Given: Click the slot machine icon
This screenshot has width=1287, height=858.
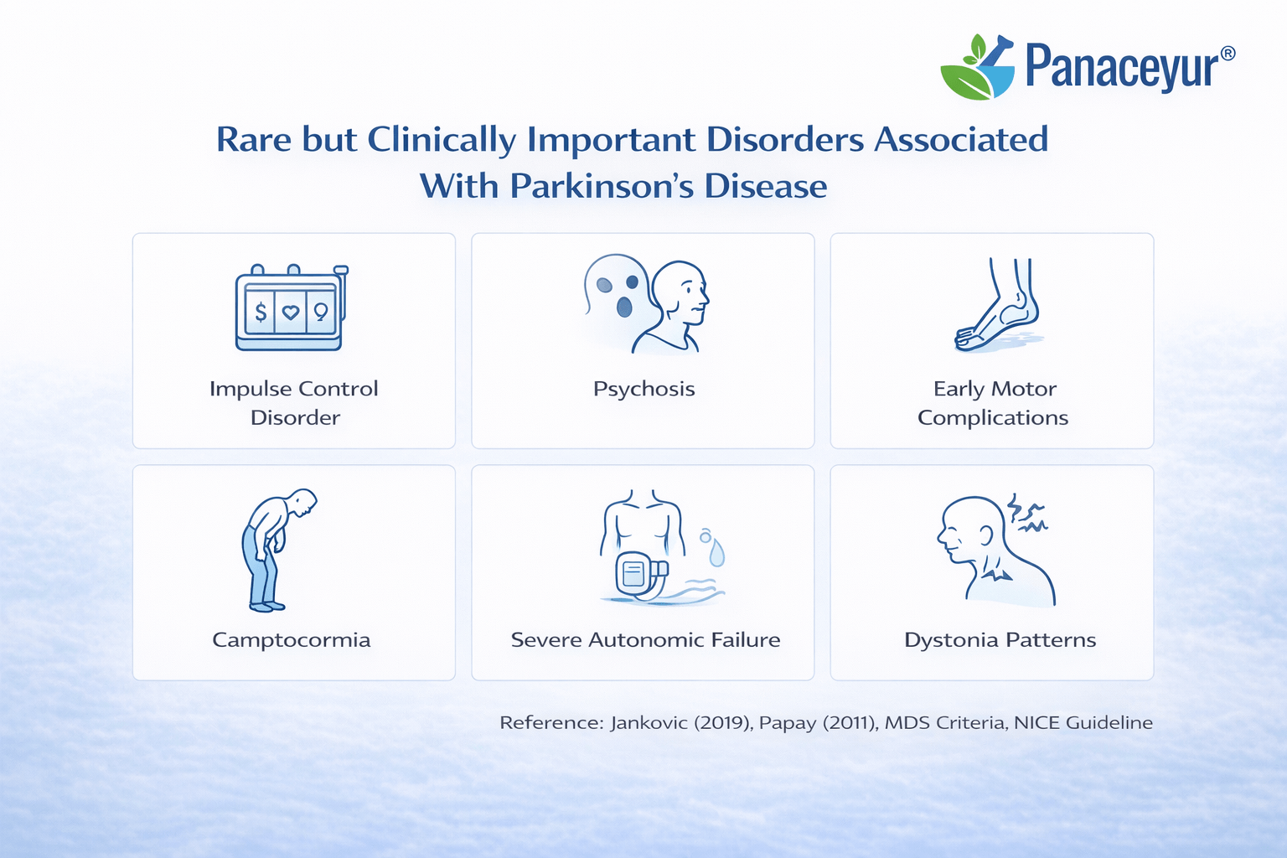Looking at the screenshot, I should coord(290,308).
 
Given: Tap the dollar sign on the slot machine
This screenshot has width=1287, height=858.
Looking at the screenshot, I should coord(261,313).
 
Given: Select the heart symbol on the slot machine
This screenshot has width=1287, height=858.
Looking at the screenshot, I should coord(291,313).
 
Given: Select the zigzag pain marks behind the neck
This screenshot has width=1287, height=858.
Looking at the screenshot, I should coord(1027,514).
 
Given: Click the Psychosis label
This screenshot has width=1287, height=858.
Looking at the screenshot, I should coord(643,389).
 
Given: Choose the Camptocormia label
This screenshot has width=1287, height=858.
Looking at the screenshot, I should coord(291,640).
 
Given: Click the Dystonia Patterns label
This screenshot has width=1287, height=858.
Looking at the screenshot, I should coord(1000,640).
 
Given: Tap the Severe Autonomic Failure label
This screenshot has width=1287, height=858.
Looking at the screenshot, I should coord(645,640).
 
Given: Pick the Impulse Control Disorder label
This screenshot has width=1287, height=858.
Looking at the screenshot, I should coord(294,403).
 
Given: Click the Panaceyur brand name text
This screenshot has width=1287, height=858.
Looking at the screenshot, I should coord(1120,67).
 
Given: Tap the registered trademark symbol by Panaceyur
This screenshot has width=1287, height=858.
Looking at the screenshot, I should coord(1228,53).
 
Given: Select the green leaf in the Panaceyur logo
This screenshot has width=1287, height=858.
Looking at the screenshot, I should coord(964,81).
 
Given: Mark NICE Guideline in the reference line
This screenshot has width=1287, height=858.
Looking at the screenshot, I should coord(1083,723).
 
